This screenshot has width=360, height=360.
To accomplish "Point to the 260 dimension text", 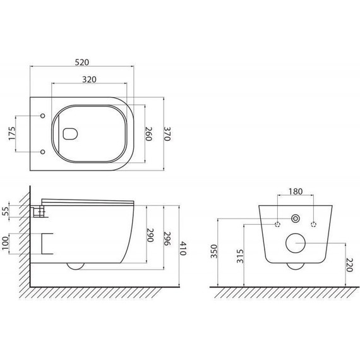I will [149, 134].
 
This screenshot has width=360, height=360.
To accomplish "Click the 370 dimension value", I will [167, 134].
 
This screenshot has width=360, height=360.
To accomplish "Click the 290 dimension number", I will [150, 236].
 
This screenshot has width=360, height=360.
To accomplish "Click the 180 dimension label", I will [295, 191].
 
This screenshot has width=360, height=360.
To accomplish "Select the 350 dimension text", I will [214, 251].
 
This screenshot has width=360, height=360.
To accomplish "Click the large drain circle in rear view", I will [296, 243].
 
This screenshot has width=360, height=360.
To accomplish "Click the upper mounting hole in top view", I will [42, 116].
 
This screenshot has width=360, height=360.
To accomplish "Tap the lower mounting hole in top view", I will [42, 152].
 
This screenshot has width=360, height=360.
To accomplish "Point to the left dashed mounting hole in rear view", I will [277, 224].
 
